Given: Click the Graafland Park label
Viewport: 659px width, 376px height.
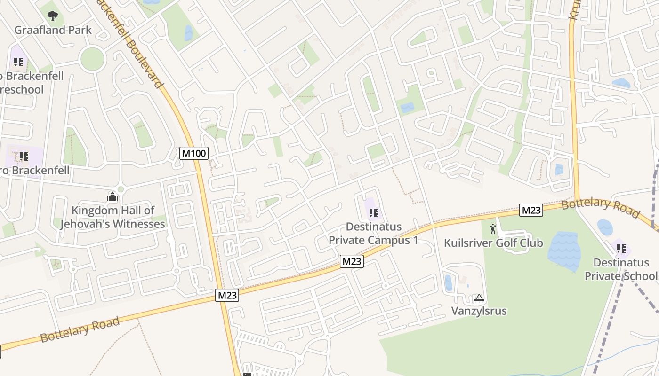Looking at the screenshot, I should pos(53,30).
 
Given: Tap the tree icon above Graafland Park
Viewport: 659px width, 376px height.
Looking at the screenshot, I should pos(53,16).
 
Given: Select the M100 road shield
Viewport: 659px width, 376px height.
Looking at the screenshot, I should pos(194,153).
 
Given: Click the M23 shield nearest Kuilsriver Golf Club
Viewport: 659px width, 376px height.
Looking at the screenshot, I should pos(531,210).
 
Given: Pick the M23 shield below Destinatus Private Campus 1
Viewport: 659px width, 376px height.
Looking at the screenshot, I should pos(352,261).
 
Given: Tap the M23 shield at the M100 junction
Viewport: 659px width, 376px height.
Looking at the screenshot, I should pos(227,295).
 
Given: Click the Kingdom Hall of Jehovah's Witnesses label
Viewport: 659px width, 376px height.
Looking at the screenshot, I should pos(113,217).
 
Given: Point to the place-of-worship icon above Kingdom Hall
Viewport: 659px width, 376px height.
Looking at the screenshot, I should pos(113,196).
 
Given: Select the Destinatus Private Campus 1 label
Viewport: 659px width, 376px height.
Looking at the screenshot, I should pos(374,233).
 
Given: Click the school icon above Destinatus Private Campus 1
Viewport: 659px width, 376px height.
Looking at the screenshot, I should pos(374,213).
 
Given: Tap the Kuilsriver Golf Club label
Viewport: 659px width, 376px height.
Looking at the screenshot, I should pos(493,243).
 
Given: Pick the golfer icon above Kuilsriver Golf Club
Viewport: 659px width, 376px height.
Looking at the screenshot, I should pos(493,229).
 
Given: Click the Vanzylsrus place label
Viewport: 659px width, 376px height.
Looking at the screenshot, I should pos(479,311).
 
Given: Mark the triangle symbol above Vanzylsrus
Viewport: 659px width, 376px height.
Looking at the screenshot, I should pos(479,298).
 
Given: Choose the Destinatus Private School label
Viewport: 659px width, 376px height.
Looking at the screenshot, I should pos(621,269).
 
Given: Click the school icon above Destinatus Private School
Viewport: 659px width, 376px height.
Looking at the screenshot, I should pos(620,248).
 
